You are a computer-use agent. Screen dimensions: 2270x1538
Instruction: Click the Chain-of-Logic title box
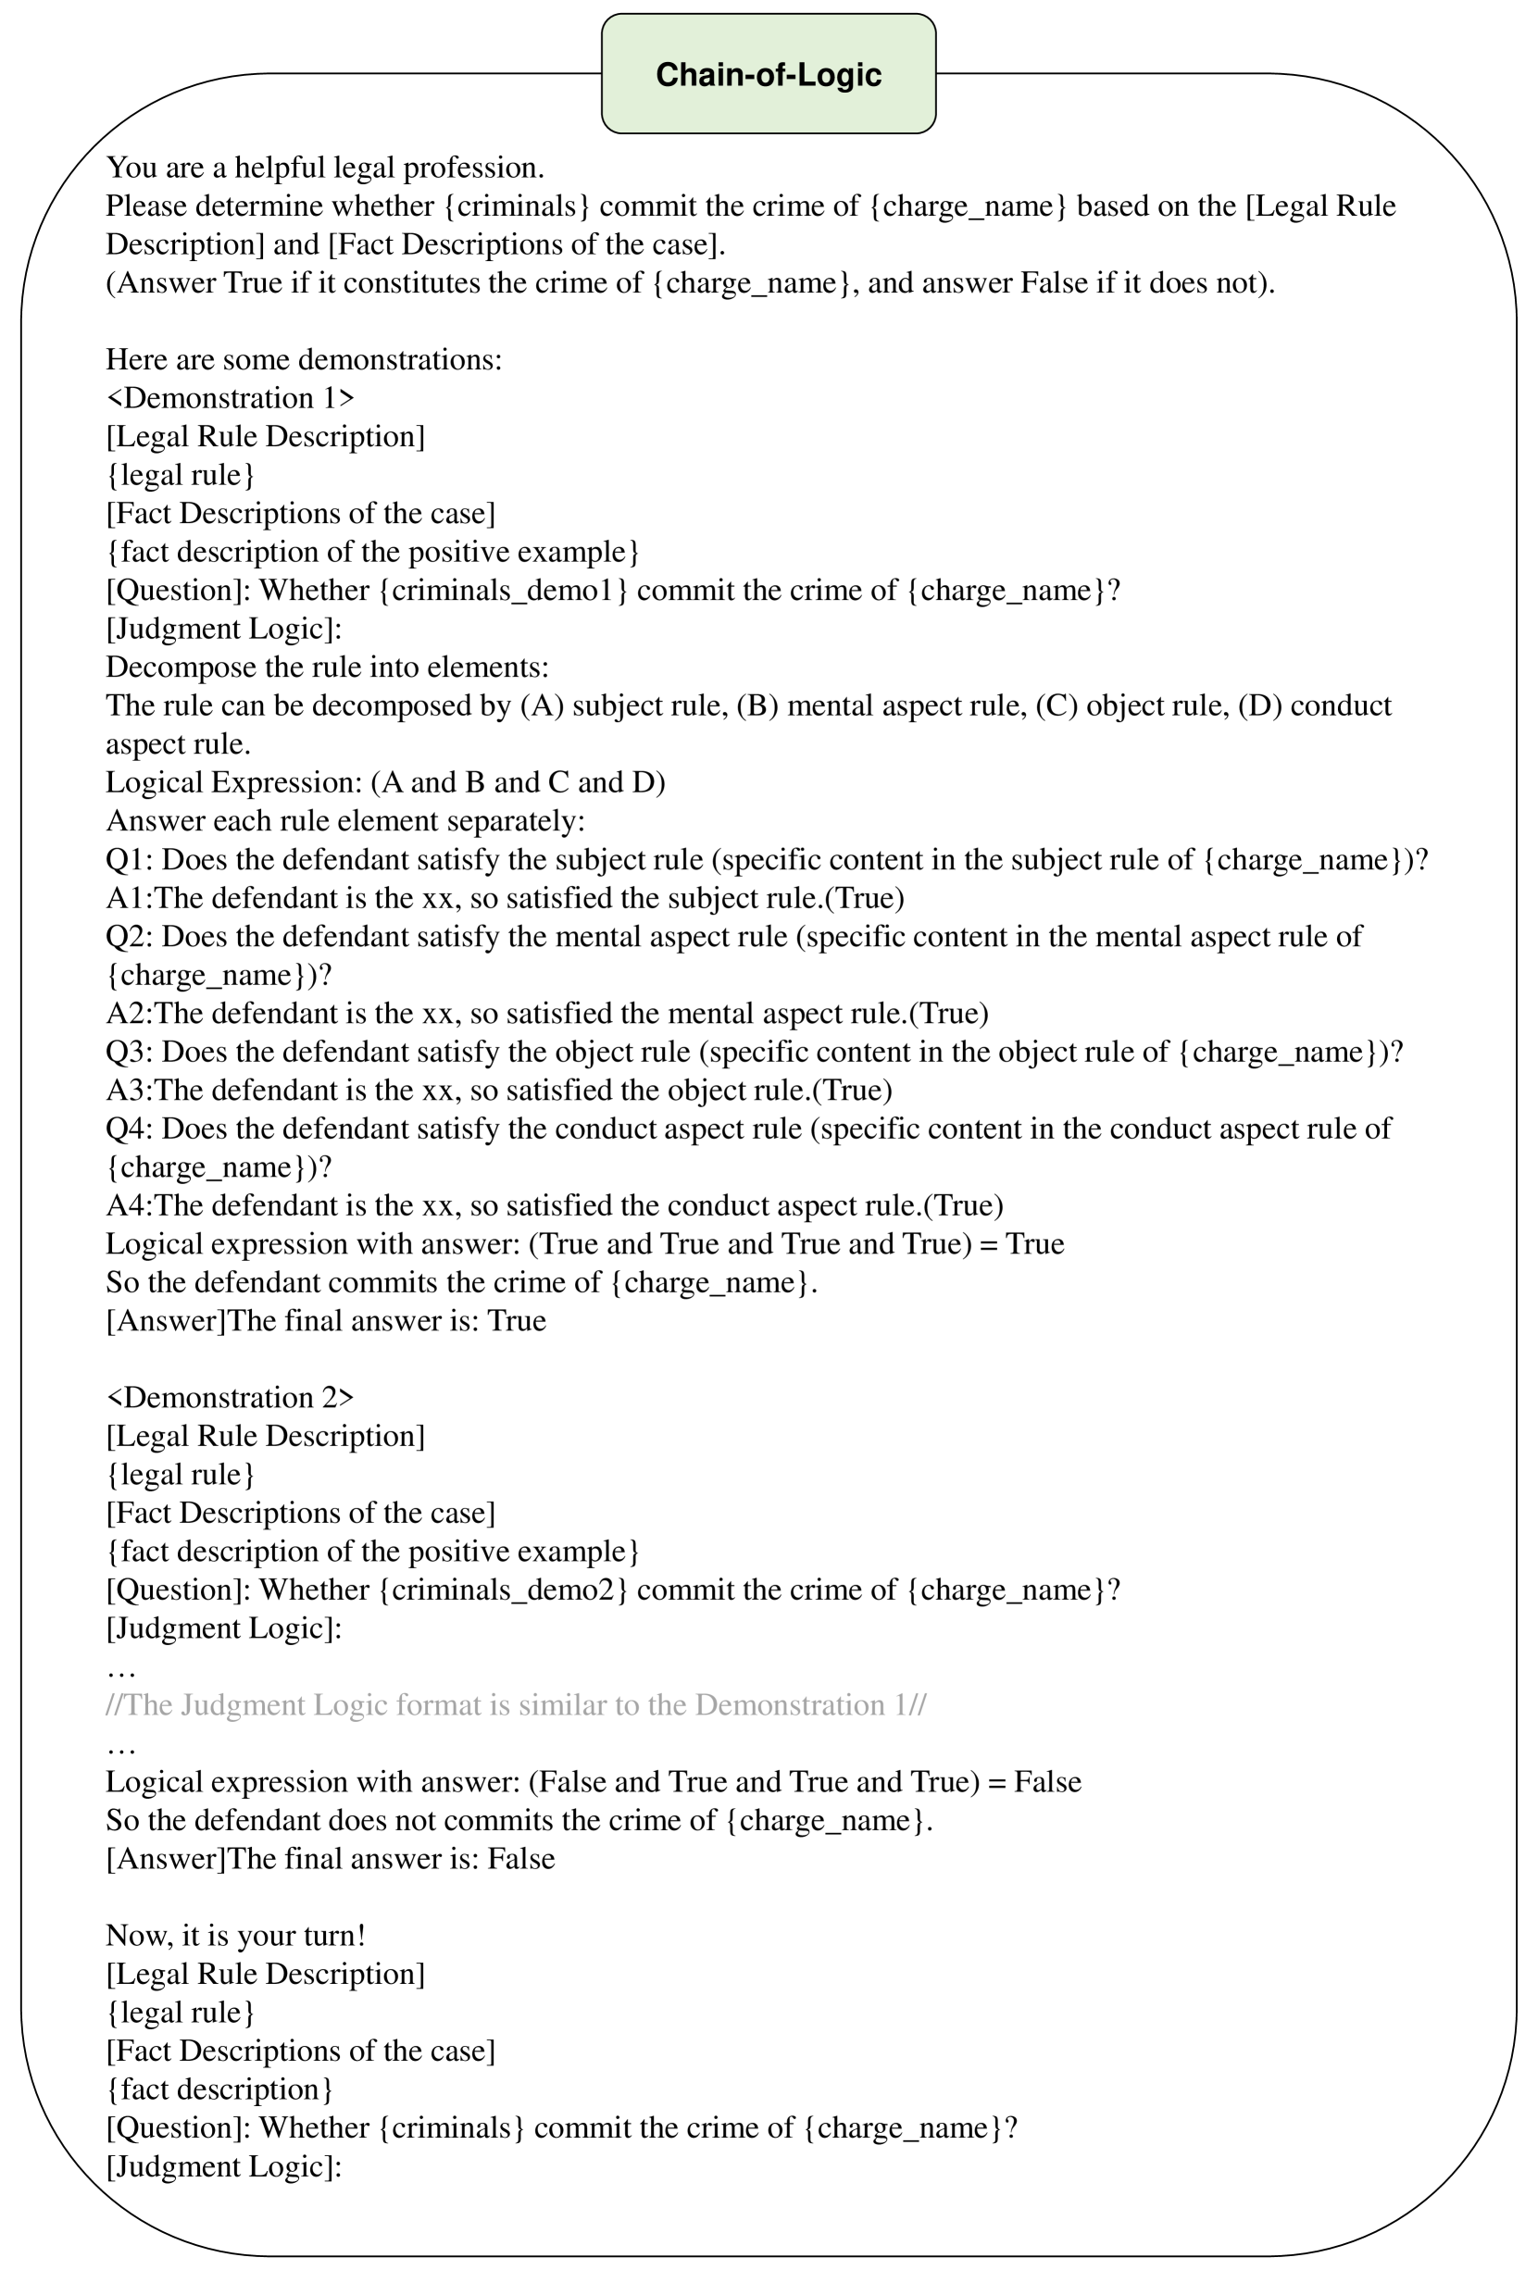tap(768, 74)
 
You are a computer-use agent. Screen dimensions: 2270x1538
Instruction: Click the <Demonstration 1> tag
tap(230, 398)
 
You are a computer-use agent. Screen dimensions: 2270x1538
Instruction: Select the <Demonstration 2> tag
tap(230, 1398)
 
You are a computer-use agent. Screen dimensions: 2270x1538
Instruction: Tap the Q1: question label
tap(129, 861)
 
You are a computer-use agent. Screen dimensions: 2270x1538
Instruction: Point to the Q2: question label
tap(129, 938)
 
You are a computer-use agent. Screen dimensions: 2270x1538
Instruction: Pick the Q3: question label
tap(129, 1053)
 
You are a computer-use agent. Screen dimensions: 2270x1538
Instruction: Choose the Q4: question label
tap(129, 1129)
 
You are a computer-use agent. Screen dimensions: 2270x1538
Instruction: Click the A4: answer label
tap(129, 1206)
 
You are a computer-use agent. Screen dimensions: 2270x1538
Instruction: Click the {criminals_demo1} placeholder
tap(503, 591)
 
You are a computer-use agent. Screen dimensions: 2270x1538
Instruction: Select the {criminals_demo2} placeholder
tap(503, 1590)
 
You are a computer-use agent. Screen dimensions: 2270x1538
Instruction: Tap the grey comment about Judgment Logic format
tap(516, 1705)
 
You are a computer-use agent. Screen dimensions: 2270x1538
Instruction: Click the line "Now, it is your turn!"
tap(235, 1936)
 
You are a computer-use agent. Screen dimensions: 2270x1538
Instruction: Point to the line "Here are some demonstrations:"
tap(304, 360)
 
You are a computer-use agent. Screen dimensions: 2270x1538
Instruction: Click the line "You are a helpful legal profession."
tap(324, 168)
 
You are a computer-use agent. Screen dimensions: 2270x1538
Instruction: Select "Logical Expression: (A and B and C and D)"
tap(385, 783)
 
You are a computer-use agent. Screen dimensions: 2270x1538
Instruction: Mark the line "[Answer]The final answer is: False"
tap(331, 1859)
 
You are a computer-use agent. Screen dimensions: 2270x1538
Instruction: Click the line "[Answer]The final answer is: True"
tap(325, 1322)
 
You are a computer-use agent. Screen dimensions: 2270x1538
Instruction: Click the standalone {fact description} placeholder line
tap(219, 2089)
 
